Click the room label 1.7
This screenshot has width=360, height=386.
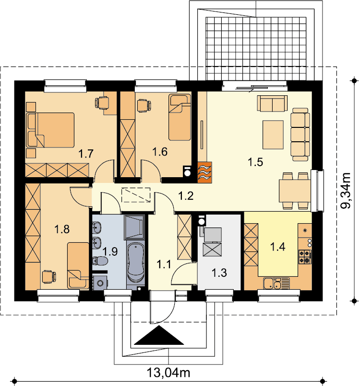click(86, 154)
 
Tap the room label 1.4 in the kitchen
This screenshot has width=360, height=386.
click(278, 247)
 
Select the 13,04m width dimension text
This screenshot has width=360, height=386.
click(168, 373)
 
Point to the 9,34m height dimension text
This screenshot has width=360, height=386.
click(345, 191)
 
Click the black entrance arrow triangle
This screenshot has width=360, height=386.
click(159, 335)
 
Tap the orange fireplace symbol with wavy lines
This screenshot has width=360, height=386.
click(205, 172)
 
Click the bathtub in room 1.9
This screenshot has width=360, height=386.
click(135, 263)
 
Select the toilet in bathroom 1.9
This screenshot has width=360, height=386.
click(100, 261)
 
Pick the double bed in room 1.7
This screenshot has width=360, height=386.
click(50, 130)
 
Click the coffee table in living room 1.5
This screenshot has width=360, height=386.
click(273, 135)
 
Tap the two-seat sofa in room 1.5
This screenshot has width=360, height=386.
click(272, 103)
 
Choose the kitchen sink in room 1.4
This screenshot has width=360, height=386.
click(276, 284)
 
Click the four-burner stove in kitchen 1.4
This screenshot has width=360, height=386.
click(305, 257)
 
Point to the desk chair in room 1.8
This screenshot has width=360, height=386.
click(48, 277)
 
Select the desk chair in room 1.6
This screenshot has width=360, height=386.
click(144, 106)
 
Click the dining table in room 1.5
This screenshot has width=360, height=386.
click(295, 191)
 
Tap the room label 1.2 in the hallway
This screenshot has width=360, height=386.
click(186, 196)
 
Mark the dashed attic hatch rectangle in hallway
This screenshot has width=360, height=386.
click(136, 195)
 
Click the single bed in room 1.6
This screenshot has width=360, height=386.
click(180, 117)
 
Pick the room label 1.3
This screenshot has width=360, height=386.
click(219, 273)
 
